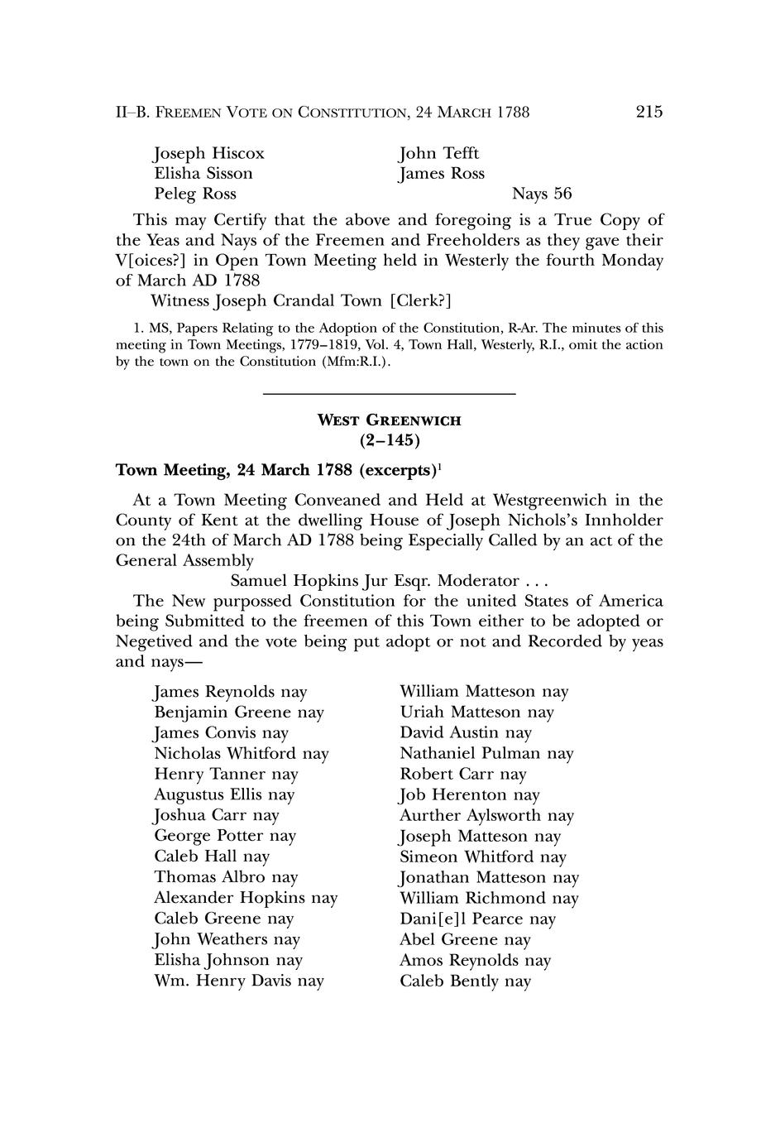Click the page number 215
(x=649, y=112)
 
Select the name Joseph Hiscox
(x=209, y=154)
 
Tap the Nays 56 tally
(x=542, y=194)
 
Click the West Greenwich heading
(x=390, y=420)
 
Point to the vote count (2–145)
(x=390, y=439)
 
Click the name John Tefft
(x=439, y=154)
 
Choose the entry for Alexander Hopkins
(x=229, y=899)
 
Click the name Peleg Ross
(x=195, y=194)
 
